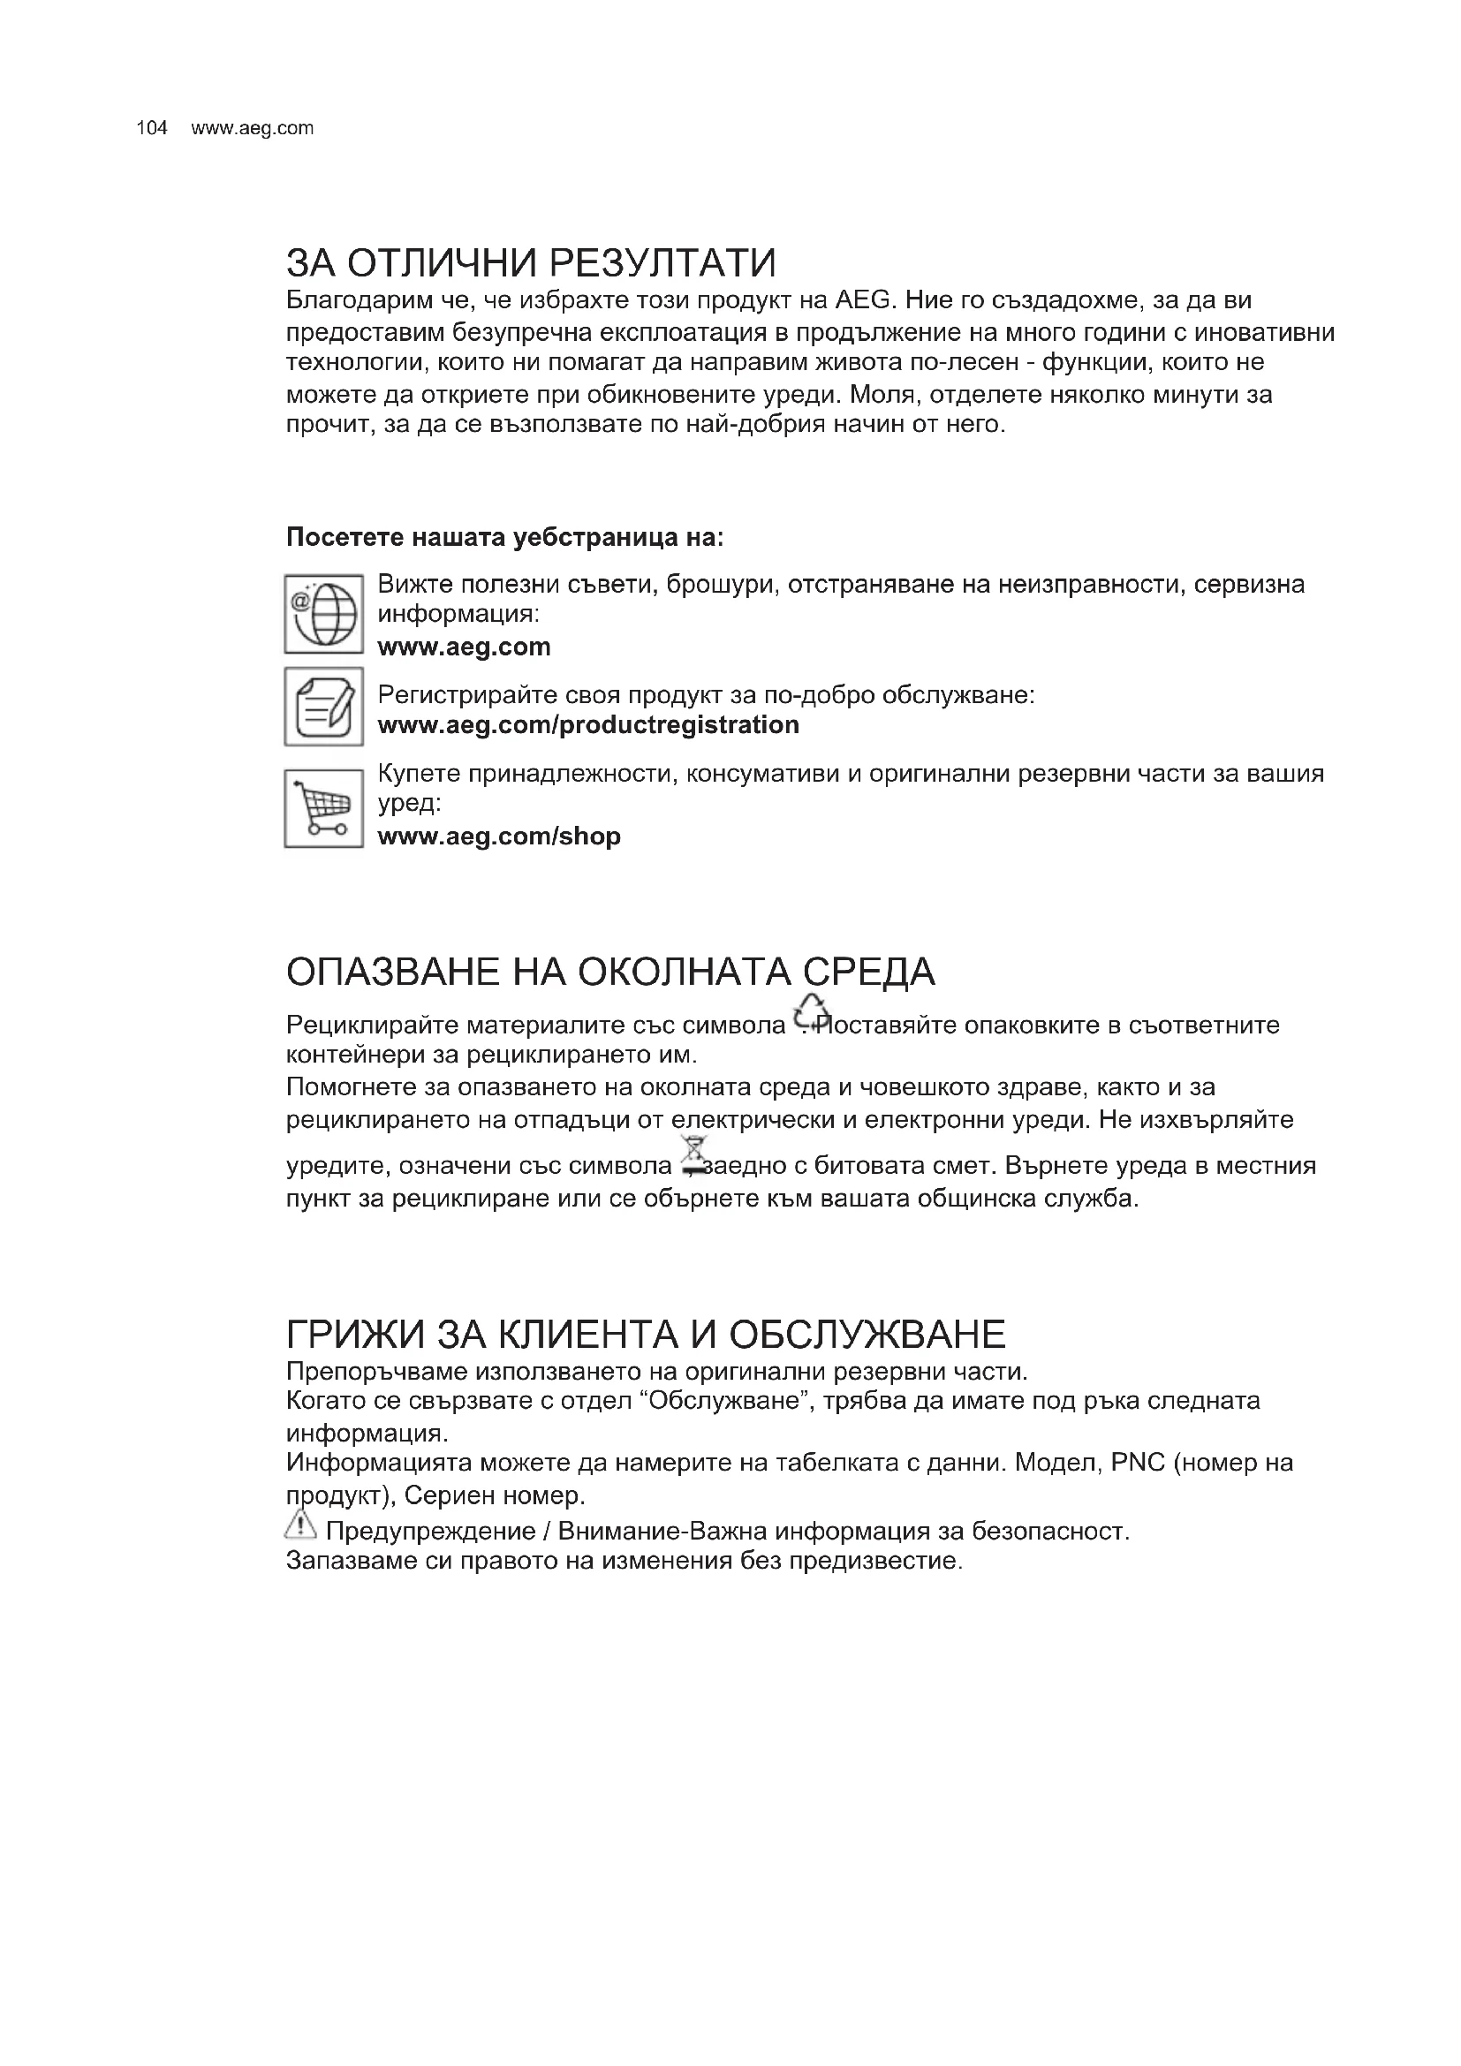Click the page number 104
point(151,128)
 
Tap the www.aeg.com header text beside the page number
point(252,128)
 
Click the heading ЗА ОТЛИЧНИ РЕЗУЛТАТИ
point(530,262)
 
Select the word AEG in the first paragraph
point(863,299)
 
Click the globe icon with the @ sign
point(324,614)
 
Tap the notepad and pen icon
point(324,707)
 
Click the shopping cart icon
point(324,807)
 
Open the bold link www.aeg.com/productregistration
point(587,724)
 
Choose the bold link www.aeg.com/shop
point(498,836)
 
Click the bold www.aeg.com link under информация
point(464,647)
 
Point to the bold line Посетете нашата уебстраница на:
point(504,537)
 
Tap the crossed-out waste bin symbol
point(693,1156)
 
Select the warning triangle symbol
point(300,1525)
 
